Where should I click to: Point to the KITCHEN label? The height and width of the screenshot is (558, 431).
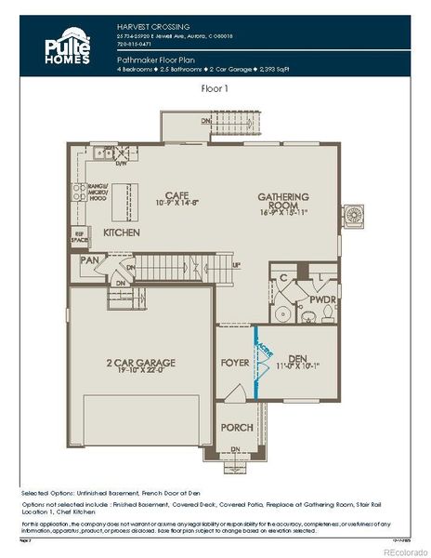(122, 232)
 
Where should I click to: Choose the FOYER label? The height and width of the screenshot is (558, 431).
(233, 363)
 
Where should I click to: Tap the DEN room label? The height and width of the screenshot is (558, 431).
(297, 358)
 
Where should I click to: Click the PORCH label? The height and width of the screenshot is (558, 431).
(236, 428)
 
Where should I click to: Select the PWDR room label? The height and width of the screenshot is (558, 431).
(322, 300)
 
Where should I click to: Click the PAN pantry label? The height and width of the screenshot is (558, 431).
(89, 260)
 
